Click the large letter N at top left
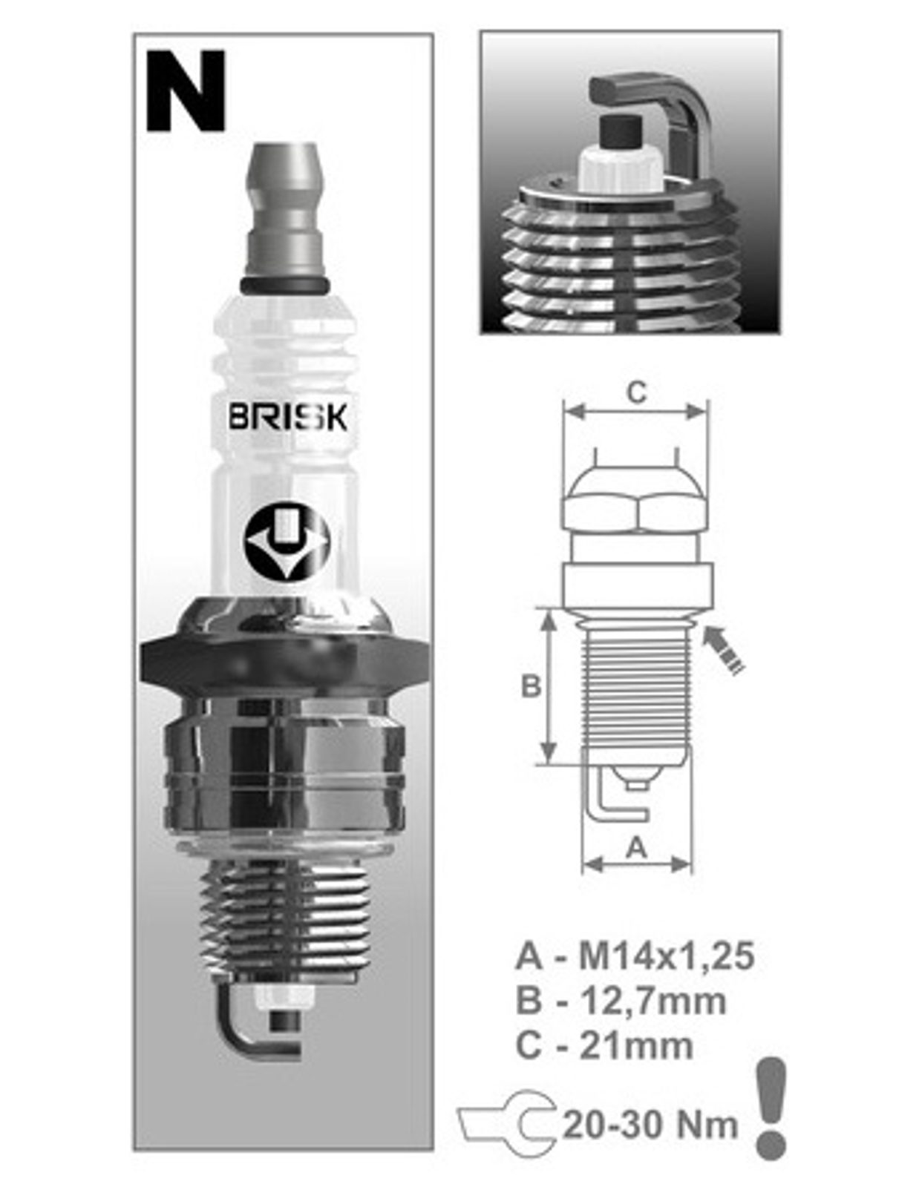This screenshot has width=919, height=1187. coord(186,91)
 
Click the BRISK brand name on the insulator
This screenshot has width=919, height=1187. coord(287,418)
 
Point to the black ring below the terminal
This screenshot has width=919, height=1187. coord(284,284)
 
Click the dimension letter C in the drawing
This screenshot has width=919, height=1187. coord(636,392)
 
